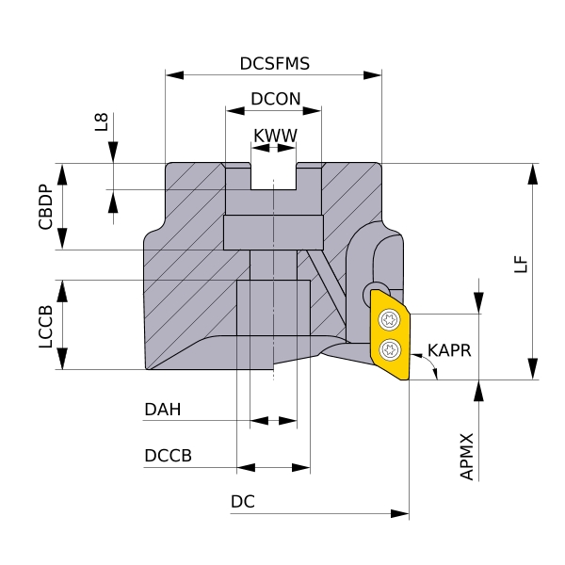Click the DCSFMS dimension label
[x=275, y=64]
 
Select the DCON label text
[x=276, y=99]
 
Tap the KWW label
[x=275, y=136]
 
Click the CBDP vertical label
[x=44, y=207]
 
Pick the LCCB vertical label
[x=44, y=326]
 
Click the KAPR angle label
[x=448, y=350]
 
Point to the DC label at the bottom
[x=243, y=503]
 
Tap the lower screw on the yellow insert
[x=390, y=352]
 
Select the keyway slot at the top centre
[x=274, y=174]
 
